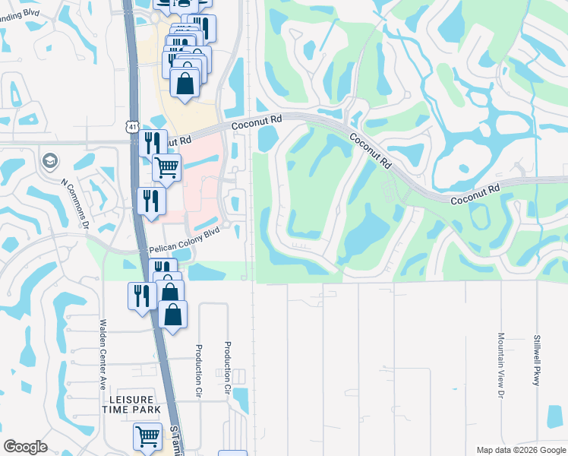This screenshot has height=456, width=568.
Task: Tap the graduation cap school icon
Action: pyautogui.click(x=50, y=160)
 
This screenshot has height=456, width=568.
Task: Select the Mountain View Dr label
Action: pyautogui.click(x=501, y=365)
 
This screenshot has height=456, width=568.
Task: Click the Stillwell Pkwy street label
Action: pyautogui.click(x=536, y=359)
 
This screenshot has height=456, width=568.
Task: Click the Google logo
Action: pyautogui.click(x=25, y=446)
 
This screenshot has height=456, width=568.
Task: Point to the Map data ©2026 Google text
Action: pyautogui.click(x=521, y=450)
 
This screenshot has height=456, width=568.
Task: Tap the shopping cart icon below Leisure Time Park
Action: pyautogui.click(x=147, y=436)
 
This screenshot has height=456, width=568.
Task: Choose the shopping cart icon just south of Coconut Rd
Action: pyautogui.click(x=166, y=167)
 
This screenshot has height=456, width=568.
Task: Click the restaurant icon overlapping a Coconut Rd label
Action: pyautogui.click(x=152, y=142)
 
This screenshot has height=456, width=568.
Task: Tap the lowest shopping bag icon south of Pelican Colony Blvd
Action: pyautogui.click(x=173, y=314)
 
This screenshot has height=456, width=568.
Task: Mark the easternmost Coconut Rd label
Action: pyautogui.click(x=476, y=195)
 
